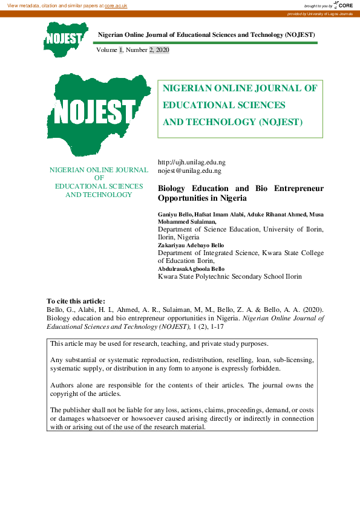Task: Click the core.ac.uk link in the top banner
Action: click(116, 5)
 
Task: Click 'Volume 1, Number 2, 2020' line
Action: click(133, 50)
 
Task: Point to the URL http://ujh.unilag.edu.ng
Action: click(191, 163)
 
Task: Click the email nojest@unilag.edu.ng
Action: click(189, 171)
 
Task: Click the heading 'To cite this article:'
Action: click(76, 301)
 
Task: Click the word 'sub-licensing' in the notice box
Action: click(293, 360)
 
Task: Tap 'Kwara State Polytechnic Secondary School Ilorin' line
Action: click(229, 277)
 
